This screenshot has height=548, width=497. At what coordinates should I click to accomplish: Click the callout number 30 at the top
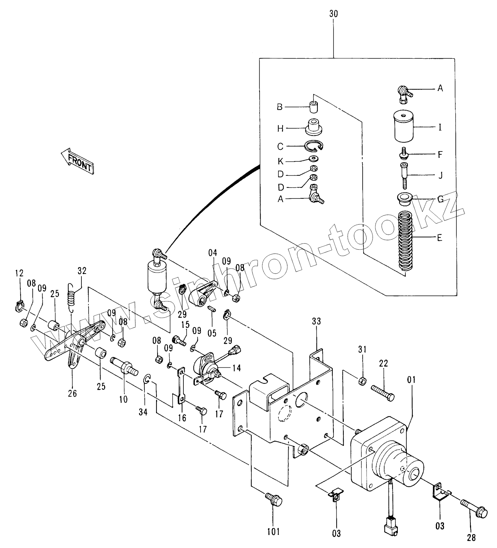[333, 14]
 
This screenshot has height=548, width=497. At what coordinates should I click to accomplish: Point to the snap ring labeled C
[314, 145]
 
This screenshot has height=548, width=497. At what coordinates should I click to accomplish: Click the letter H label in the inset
[280, 128]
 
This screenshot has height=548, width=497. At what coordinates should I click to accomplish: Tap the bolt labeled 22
[382, 393]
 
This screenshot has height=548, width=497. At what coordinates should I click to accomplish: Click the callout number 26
[73, 393]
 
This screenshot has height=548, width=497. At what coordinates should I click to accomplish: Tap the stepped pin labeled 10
[124, 366]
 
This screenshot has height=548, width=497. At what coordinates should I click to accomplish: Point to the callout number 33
[316, 321]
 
